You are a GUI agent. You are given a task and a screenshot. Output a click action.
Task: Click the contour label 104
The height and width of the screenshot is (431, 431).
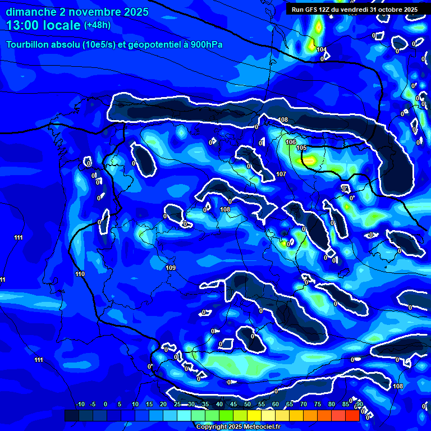click(321, 50)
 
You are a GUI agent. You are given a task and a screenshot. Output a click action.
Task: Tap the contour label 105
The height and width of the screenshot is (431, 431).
click(301, 148)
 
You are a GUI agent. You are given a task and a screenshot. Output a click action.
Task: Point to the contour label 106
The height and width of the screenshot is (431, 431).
click(290, 143)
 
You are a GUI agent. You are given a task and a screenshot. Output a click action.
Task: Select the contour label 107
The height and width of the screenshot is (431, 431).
click(281, 175)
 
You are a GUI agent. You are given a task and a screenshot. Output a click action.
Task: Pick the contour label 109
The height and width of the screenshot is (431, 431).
click(171, 268)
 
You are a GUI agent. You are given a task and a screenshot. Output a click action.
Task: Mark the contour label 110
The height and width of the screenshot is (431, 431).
click(80, 274)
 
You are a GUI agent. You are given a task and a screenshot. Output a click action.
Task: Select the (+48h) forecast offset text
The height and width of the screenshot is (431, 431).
click(98, 25)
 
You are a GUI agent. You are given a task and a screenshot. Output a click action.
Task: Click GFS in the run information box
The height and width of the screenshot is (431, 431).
click(312, 10)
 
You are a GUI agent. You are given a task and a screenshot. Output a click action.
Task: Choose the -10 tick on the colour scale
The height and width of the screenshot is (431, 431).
click(80, 405)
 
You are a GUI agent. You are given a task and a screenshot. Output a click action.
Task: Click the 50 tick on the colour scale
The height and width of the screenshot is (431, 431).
click(247, 405)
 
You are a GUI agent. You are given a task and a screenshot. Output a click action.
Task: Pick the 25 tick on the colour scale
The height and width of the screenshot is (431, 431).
click(177, 405)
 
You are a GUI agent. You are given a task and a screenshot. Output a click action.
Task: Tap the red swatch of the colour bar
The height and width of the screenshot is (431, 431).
click(352, 415)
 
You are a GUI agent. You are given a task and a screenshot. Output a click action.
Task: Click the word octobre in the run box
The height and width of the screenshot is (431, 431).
click(389, 10)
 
